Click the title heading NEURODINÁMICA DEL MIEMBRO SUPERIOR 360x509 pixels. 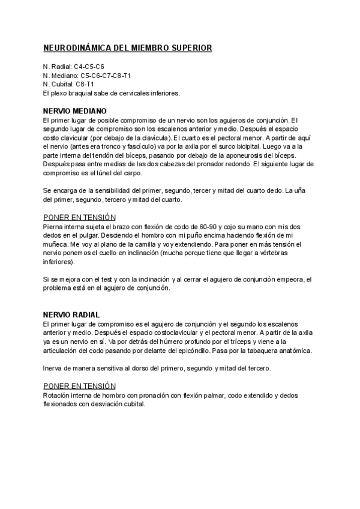pyautogui.click(x=127, y=48)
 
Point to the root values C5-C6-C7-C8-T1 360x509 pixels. pyautogui.click(x=106, y=75)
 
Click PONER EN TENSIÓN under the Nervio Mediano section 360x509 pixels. pyautogui.click(x=80, y=217)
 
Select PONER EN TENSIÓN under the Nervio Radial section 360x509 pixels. pyautogui.click(x=80, y=385)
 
